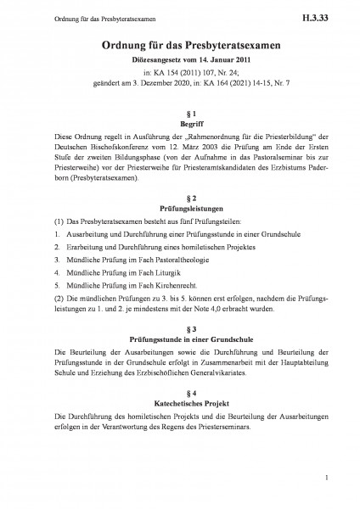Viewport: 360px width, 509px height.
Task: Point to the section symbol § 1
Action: click(180, 113)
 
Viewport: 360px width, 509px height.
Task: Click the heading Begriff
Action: click(180, 124)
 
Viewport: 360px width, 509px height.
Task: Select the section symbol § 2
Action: click(180, 194)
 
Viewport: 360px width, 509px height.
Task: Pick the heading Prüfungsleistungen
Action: click(180, 206)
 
